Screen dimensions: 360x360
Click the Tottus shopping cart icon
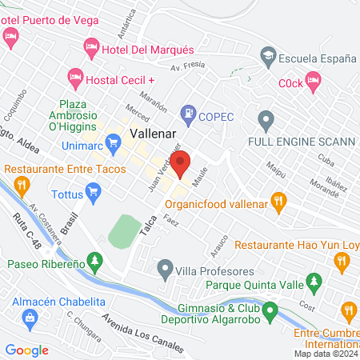tap(94, 191)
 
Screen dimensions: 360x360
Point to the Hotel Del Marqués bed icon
tap(91, 50)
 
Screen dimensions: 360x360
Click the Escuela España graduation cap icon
tap(267, 54)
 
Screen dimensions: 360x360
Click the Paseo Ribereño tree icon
tap(95, 260)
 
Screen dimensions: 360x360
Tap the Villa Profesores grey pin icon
tap(166, 267)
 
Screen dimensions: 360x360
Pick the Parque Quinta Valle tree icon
tap(315, 282)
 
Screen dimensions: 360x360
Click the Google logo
tap(27, 350)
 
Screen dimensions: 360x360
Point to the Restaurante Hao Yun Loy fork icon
tap(342, 260)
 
